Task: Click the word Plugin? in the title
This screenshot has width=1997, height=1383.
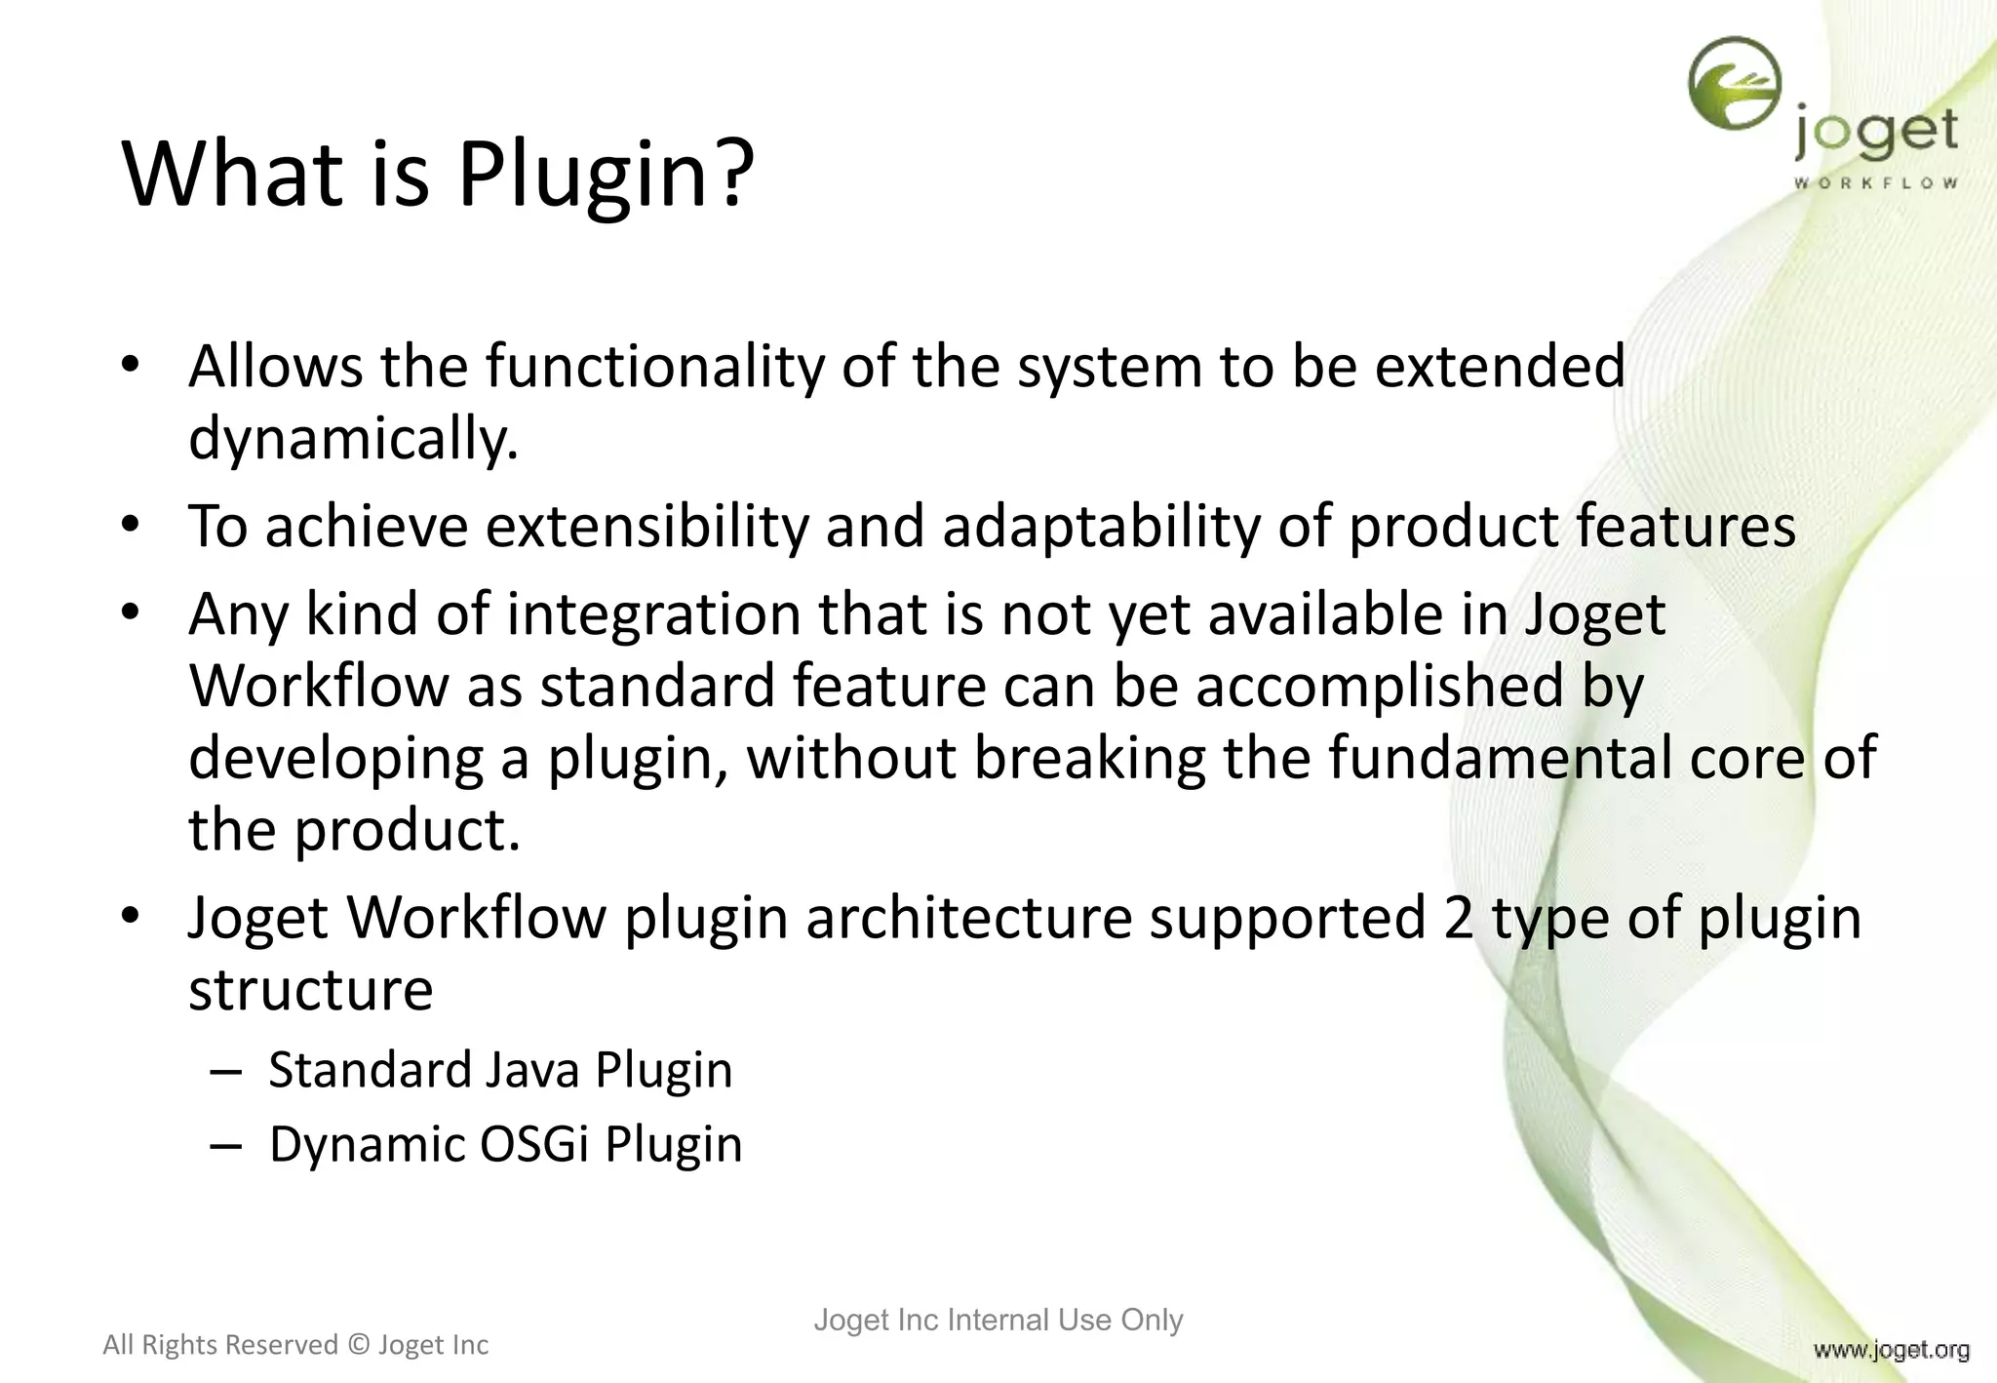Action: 606,176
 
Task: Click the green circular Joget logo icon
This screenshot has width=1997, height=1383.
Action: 1735,83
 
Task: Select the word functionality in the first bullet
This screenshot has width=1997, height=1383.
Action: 654,368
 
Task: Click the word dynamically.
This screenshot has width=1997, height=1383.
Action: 352,440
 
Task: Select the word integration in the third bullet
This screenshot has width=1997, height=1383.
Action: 652,615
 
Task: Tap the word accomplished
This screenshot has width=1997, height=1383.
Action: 1379,686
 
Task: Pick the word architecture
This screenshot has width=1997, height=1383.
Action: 968,919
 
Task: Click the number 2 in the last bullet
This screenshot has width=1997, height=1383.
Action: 1458,919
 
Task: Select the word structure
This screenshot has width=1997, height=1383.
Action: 310,991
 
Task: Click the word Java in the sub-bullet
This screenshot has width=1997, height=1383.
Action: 532,1070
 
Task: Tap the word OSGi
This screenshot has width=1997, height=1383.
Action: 534,1144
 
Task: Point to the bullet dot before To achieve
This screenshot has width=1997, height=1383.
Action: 131,526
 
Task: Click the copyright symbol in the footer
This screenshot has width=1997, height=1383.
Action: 358,1345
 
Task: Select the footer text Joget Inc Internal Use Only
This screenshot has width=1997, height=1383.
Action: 998,1320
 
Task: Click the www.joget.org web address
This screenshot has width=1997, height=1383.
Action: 1891,1350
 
